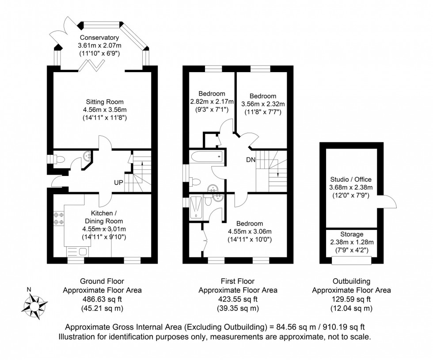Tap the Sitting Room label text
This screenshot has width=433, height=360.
(105, 102)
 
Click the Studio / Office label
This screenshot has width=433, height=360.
(351, 180)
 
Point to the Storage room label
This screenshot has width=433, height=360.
(352, 234)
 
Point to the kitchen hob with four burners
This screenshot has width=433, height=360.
(59, 218)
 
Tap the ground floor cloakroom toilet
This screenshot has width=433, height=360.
(56, 158)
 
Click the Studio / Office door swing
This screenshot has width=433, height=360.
(385, 203)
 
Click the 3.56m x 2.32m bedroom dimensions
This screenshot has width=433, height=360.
(263, 104)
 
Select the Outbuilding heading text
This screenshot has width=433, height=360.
(351, 281)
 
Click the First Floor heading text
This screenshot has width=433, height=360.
(238, 281)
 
